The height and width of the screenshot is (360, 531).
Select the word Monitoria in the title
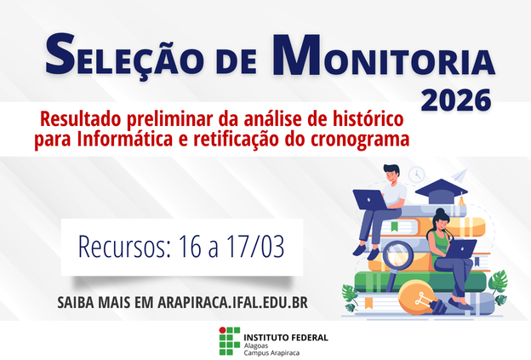(x=381, y=57)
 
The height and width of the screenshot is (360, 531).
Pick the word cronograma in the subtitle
(x=362, y=137)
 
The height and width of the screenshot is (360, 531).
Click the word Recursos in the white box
(x=123, y=246)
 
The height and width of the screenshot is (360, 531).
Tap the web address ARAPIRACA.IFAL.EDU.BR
(x=232, y=302)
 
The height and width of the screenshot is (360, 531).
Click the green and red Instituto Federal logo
(x=230, y=340)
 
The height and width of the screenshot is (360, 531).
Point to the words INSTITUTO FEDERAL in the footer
(x=286, y=336)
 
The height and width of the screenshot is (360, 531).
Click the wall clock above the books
(x=416, y=174)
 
